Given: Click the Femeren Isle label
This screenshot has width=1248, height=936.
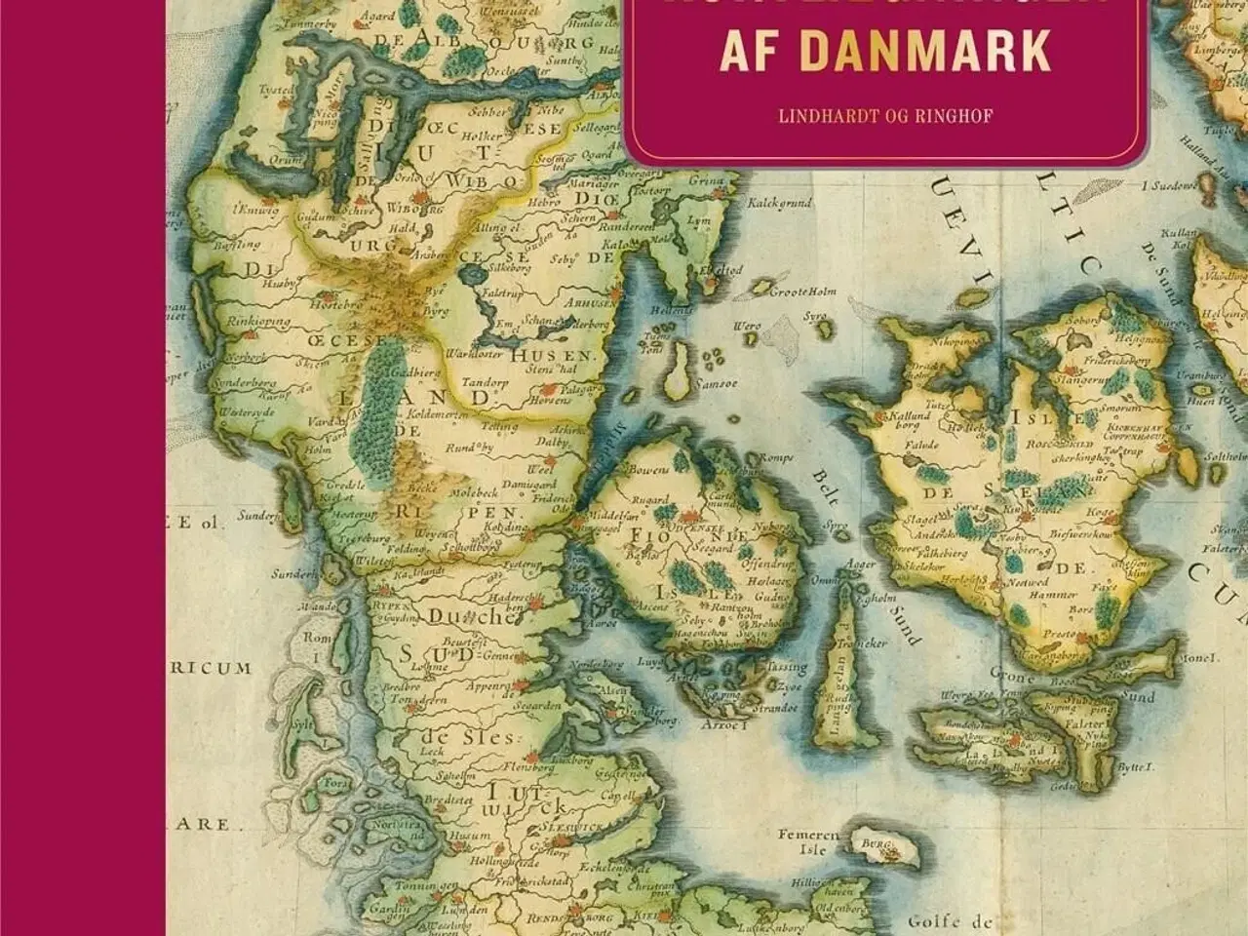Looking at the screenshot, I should click(x=809, y=842).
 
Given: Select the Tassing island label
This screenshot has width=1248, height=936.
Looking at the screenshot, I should click(x=789, y=668).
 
